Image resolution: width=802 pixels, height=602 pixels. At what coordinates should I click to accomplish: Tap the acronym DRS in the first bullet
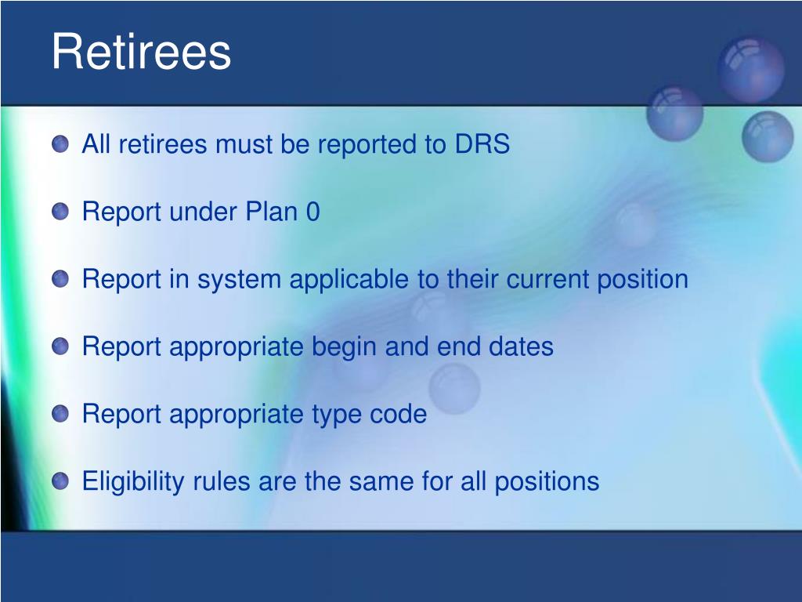click(482, 144)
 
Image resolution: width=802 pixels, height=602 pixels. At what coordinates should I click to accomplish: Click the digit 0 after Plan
click(313, 212)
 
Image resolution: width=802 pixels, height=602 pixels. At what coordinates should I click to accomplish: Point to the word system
click(239, 280)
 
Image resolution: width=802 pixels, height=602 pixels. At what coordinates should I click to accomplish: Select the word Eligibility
click(133, 482)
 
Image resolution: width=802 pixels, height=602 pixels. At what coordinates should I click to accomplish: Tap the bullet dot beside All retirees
click(60, 144)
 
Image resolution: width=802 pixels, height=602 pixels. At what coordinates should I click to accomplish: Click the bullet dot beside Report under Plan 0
click(60, 212)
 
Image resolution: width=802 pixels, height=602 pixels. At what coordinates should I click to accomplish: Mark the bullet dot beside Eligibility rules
click(60, 481)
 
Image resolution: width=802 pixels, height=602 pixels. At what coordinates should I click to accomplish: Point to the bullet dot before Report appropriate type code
click(60, 414)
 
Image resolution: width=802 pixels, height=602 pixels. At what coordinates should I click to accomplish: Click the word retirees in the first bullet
click(163, 144)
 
